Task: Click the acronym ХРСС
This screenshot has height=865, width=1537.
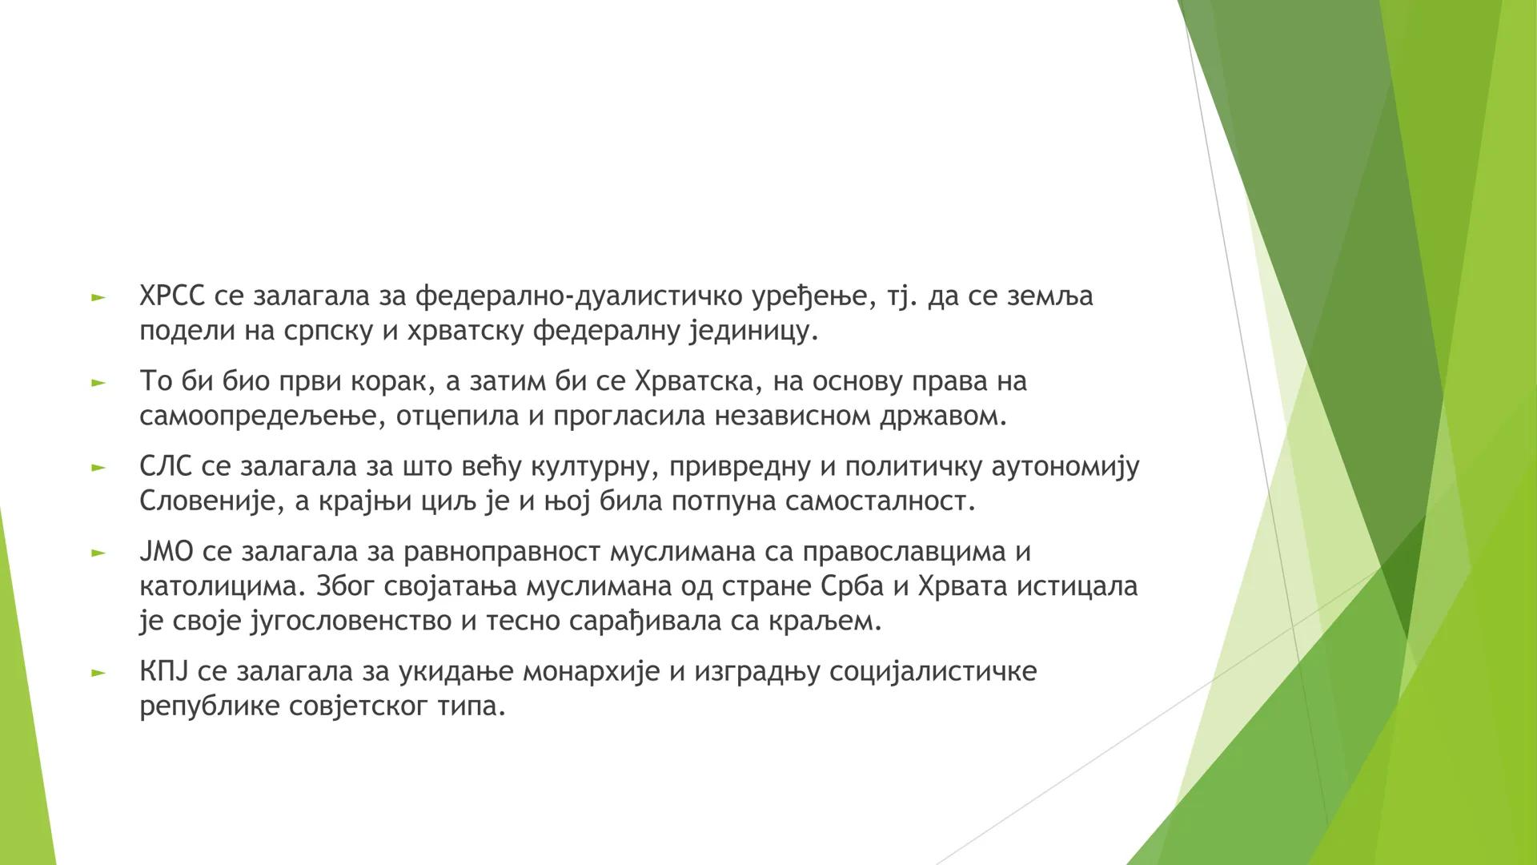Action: (x=172, y=296)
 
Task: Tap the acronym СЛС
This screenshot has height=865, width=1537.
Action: (x=166, y=467)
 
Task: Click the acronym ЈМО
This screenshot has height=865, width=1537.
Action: (x=167, y=552)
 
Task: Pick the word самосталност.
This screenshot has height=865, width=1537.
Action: (x=881, y=502)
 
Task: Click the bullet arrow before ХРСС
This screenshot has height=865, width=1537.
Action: (x=98, y=298)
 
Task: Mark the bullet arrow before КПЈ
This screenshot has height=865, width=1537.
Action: (x=98, y=673)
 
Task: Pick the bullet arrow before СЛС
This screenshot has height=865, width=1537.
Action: (x=98, y=469)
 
